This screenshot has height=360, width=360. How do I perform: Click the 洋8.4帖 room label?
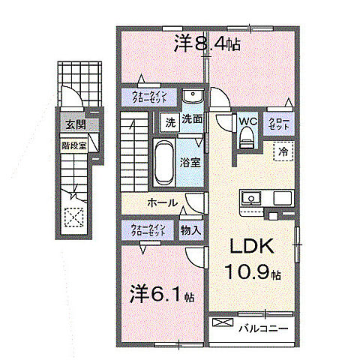[208, 45]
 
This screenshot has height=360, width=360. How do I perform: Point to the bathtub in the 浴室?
[163, 162]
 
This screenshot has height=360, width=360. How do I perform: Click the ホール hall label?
[162, 202]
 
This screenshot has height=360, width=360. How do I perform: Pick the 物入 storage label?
[190, 231]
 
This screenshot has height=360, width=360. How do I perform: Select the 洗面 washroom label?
[192, 118]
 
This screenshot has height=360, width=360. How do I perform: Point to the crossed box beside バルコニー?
[223, 324]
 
